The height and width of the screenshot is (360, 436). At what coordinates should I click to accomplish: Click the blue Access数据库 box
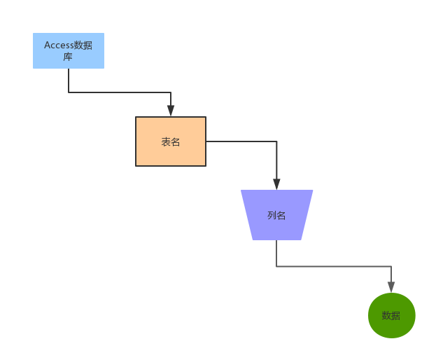(x=69, y=50)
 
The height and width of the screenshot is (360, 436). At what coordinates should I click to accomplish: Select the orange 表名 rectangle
(x=171, y=141)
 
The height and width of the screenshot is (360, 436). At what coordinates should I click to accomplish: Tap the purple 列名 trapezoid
(x=276, y=215)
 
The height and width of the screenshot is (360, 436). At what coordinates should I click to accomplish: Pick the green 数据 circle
(x=391, y=315)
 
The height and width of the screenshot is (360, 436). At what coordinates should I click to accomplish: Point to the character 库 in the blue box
(x=68, y=57)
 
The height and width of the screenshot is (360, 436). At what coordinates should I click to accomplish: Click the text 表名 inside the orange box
(x=171, y=142)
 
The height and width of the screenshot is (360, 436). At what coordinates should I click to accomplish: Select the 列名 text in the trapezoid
(x=276, y=216)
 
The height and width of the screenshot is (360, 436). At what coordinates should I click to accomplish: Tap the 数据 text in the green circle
(x=391, y=316)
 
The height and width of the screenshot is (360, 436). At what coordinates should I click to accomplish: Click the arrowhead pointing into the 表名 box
(x=171, y=111)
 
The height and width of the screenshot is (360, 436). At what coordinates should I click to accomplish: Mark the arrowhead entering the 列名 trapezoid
(x=276, y=184)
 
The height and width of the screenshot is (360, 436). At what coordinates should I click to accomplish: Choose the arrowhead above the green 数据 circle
(x=391, y=286)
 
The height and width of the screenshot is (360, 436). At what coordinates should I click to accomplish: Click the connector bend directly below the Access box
(x=69, y=92)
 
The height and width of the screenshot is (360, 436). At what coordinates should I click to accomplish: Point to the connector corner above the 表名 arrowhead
(x=171, y=92)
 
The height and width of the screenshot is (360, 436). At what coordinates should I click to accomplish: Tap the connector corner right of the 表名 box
(x=276, y=141)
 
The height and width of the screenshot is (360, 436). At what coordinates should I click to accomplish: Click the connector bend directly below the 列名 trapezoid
(x=276, y=266)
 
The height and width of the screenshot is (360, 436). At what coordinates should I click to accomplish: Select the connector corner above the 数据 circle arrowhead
(x=391, y=266)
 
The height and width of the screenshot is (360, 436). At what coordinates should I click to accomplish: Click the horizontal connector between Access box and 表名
(x=119, y=92)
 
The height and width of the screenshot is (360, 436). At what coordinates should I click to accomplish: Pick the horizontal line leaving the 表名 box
(x=241, y=141)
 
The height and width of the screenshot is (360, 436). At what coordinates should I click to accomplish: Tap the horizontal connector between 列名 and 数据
(x=334, y=266)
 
